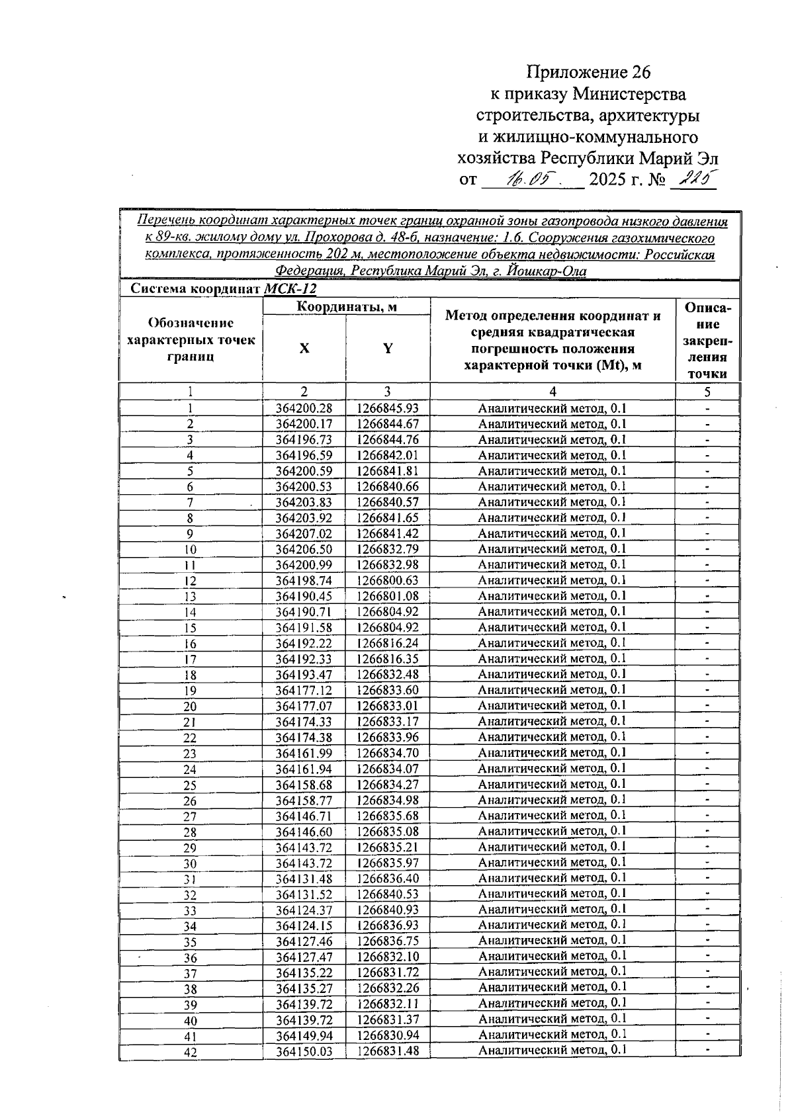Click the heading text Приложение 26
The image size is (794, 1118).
pos(589,71)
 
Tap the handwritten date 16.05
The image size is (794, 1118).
pos(531,179)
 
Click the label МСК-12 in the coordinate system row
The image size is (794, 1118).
pos(290,289)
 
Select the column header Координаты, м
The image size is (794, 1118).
pos(346,306)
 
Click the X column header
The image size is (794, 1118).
pos(304,349)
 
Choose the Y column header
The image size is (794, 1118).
pos(388,349)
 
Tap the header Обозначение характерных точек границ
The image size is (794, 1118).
pos(191,339)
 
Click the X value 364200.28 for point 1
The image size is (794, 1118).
pos(304,409)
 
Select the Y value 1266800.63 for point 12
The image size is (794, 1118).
pos(388,580)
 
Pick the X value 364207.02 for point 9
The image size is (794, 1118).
pos(304,533)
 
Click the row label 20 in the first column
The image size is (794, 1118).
pos(190,707)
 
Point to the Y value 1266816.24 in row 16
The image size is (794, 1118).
pos(388,643)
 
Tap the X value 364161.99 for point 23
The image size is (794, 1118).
pos(304,753)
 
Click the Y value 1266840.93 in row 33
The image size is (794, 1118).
pos(388,910)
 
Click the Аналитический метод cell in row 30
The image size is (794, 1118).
pos(552,862)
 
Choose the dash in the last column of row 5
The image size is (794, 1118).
pos(707,471)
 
